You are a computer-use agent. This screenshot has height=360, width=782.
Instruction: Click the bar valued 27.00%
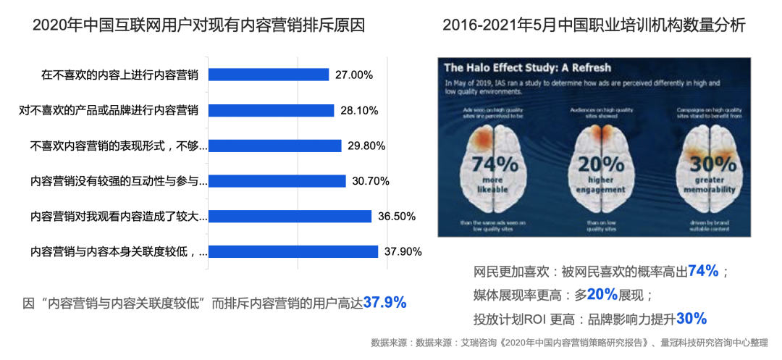(269, 75)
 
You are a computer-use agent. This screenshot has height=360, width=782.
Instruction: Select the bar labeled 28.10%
(271, 110)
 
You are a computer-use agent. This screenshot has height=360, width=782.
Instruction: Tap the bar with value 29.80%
(274, 146)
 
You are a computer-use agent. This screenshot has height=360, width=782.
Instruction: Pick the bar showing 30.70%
(277, 181)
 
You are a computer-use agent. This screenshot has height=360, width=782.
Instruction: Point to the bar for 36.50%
(290, 216)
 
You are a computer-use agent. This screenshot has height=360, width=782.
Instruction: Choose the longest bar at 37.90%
(293, 251)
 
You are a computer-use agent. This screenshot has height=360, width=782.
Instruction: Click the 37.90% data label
(403, 251)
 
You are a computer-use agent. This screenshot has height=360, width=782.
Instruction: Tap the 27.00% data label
(354, 75)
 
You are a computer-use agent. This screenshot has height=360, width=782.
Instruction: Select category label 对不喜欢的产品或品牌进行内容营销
(109, 110)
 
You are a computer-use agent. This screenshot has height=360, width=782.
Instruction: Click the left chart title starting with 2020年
(198, 25)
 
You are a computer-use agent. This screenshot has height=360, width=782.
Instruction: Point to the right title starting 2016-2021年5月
(594, 25)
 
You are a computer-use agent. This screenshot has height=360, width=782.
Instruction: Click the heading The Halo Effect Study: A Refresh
(528, 68)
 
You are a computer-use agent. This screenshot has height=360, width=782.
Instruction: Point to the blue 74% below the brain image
(703, 272)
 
